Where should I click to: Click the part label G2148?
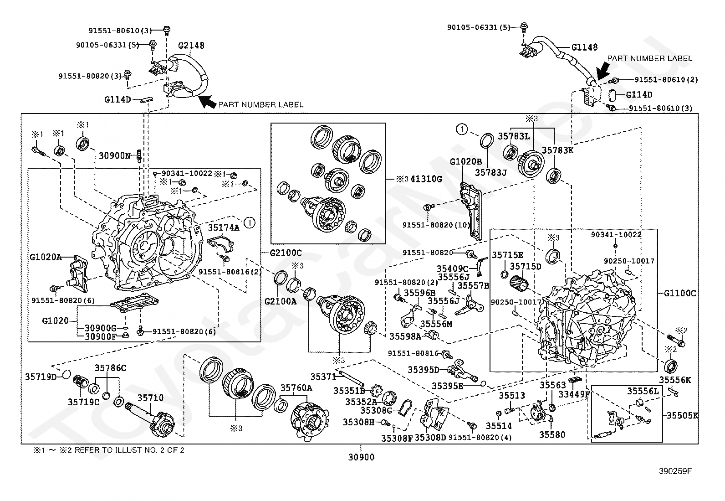(191, 46)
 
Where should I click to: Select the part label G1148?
(584, 47)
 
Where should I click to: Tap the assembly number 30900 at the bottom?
(361, 457)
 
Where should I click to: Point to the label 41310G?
(426, 179)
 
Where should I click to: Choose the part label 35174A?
(223, 228)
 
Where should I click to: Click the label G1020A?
(46, 257)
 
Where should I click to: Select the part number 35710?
(150, 398)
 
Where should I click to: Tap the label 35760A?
(296, 388)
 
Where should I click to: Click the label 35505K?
(682, 415)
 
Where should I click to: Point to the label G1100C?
(679, 293)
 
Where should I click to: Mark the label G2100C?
(286, 253)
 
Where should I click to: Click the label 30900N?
(115, 156)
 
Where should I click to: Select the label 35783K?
(558, 150)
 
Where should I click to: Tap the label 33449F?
(575, 394)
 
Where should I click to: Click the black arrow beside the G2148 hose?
(207, 102)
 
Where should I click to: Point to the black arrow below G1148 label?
(602, 71)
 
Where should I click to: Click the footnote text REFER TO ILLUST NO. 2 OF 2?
(129, 450)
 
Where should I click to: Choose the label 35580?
(552, 434)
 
